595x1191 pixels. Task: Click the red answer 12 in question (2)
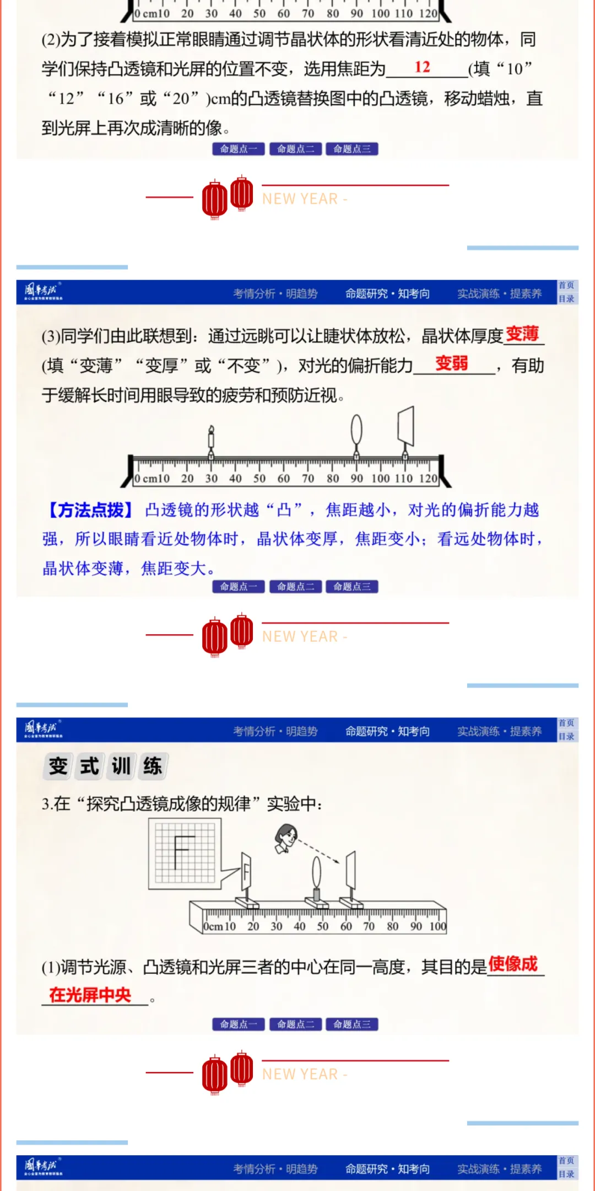pyautogui.click(x=423, y=67)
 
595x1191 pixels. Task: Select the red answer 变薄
pyautogui.click(x=522, y=334)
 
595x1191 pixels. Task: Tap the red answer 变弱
pyautogui.click(x=451, y=363)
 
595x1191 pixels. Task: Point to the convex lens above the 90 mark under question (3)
pyautogui.click(x=356, y=430)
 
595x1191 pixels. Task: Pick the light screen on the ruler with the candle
pyautogui.click(x=406, y=426)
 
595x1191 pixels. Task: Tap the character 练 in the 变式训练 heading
pyautogui.click(x=153, y=766)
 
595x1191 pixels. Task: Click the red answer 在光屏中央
pyautogui.click(x=90, y=995)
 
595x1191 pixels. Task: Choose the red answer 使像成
pyautogui.click(x=513, y=964)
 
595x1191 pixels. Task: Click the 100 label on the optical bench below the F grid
pyautogui.click(x=438, y=926)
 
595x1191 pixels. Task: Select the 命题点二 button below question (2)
pyautogui.click(x=295, y=149)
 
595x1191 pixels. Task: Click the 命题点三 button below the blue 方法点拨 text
pyautogui.click(x=351, y=587)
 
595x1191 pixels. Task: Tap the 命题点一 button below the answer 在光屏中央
pyautogui.click(x=239, y=1024)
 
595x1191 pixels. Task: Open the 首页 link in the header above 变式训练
pyautogui.click(x=566, y=723)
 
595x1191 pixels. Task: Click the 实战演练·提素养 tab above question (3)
pyautogui.click(x=499, y=294)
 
